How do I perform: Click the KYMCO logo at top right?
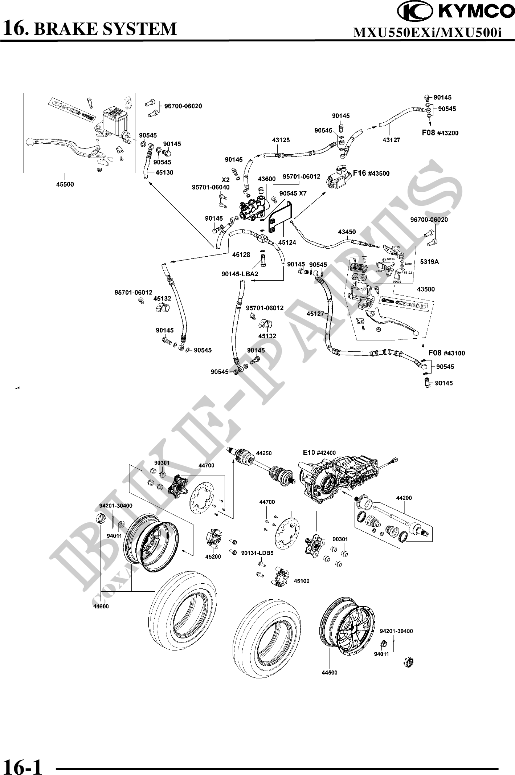click(456, 12)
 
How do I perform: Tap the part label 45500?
click(65, 184)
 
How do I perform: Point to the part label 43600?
click(267, 179)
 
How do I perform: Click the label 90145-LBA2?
click(240, 274)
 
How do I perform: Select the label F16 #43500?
click(371, 174)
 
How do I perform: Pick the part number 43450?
click(347, 232)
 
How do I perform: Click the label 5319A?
click(429, 261)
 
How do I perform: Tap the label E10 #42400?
click(319, 453)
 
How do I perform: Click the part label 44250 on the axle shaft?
click(264, 453)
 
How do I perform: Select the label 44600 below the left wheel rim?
click(101, 606)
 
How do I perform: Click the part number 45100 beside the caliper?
click(302, 581)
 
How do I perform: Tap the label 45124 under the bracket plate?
click(287, 242)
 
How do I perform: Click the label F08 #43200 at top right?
click(440, 133)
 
